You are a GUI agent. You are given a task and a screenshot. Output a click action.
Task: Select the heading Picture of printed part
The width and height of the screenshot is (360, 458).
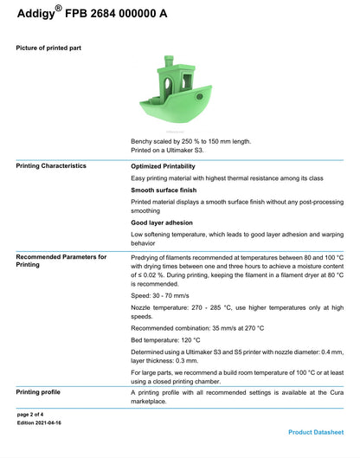point(49,48)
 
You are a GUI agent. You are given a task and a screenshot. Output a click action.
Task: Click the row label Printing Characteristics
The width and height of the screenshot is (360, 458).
point(51,165)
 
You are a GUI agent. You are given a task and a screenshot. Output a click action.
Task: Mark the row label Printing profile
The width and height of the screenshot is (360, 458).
point(41,392)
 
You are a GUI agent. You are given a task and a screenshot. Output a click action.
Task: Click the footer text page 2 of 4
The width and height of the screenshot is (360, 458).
point(35,415)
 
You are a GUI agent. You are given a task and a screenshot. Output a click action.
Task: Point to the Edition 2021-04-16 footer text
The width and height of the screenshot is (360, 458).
point(40,423)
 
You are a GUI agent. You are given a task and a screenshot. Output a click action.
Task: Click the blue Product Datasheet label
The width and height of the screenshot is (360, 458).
point(316,431)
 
